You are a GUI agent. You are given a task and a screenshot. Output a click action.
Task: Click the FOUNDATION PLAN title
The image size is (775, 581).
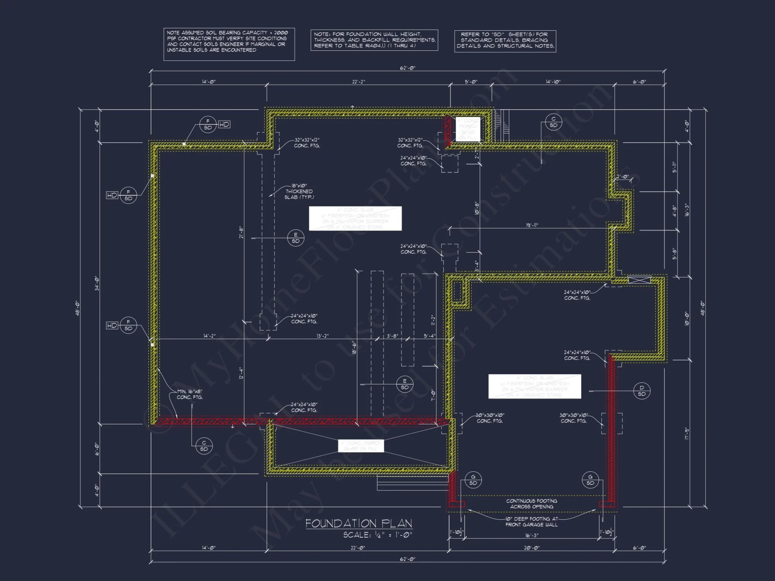click(358, 523)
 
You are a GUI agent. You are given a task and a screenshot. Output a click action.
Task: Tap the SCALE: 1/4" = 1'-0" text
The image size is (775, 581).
click(377, 535)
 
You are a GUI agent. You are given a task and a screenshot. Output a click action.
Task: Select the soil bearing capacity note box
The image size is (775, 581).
click(229, 44)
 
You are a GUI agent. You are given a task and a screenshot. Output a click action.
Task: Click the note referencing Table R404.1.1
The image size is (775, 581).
click(374, 40)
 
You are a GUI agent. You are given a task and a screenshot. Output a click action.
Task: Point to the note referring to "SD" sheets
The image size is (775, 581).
click(505, 41)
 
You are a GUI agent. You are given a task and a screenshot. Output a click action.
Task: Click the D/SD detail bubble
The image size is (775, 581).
click(642, 390)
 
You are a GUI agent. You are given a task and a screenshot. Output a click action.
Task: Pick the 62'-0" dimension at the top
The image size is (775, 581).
click(408, 68)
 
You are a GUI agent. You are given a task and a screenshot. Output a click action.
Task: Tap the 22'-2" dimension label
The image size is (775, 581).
click(358, 82)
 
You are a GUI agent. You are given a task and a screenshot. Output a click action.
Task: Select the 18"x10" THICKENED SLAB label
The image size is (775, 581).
click(299, 191)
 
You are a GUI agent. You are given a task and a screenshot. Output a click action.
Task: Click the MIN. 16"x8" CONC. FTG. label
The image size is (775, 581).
click(189, 394)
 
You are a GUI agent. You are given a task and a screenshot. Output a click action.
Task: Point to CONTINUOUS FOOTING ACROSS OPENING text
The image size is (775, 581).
click(532, 504)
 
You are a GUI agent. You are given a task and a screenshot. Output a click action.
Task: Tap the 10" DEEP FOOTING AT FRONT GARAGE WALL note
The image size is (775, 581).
click(531, 522)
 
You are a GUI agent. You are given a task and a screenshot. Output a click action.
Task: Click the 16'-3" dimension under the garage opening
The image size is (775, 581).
click(532, 535)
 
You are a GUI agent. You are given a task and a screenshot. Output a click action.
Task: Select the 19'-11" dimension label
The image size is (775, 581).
click(532, 225)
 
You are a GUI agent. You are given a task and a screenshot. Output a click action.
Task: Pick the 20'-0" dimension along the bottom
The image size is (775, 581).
click(532, 548)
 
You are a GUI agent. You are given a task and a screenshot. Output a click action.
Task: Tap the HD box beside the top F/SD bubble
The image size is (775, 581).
click(224, 124)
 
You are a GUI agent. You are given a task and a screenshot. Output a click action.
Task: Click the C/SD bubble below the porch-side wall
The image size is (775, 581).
click(204, 446)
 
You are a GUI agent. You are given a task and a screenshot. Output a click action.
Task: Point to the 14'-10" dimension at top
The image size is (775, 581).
click(553, 82)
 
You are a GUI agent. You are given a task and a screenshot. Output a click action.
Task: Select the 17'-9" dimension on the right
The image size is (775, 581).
click(686, 433)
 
